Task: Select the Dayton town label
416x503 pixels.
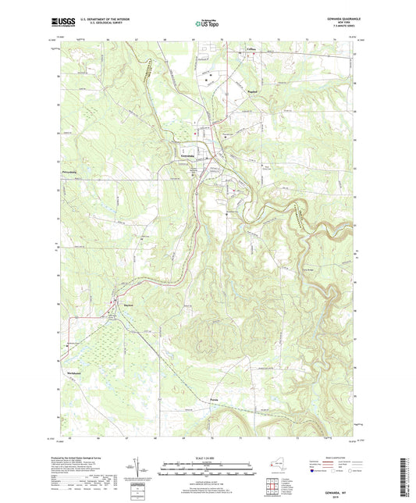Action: (x=128, y=305)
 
